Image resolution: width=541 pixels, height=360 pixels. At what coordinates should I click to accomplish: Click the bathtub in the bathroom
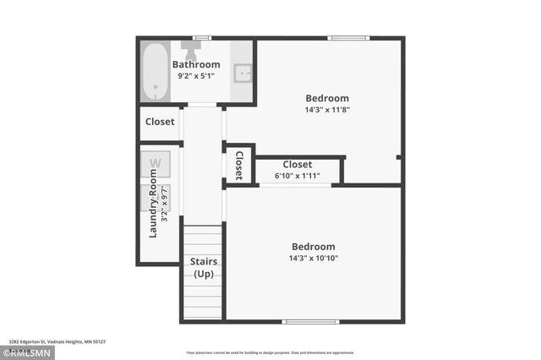(x=156, y=71)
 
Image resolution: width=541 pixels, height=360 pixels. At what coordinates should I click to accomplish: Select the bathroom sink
(x=243, y=73)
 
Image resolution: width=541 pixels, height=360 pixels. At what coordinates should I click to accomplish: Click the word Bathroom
(x=196, y=64)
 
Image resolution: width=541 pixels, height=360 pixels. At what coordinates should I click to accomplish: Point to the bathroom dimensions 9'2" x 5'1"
(x=196, y=76)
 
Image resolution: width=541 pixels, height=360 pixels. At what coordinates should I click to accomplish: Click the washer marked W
(x=156, y=163)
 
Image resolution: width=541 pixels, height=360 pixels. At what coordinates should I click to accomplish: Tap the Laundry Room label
(x=153, y=204)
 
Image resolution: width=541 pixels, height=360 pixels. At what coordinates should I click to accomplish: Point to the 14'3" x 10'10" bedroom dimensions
(x=314, y=259)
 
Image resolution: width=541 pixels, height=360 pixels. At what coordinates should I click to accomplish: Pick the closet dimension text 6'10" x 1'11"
(x=298, y=176)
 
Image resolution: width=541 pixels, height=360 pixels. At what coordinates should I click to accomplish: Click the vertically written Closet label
(x=239, y=165)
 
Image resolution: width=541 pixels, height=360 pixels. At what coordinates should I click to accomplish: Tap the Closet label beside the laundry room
(x=160, y=122)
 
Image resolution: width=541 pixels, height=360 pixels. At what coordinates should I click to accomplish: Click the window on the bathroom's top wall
(x=201, y=37)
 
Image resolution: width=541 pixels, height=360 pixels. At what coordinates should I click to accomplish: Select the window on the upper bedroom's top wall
(x=348, y=37)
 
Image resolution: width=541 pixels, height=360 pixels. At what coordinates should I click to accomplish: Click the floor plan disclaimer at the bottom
(x=270, y=352)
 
